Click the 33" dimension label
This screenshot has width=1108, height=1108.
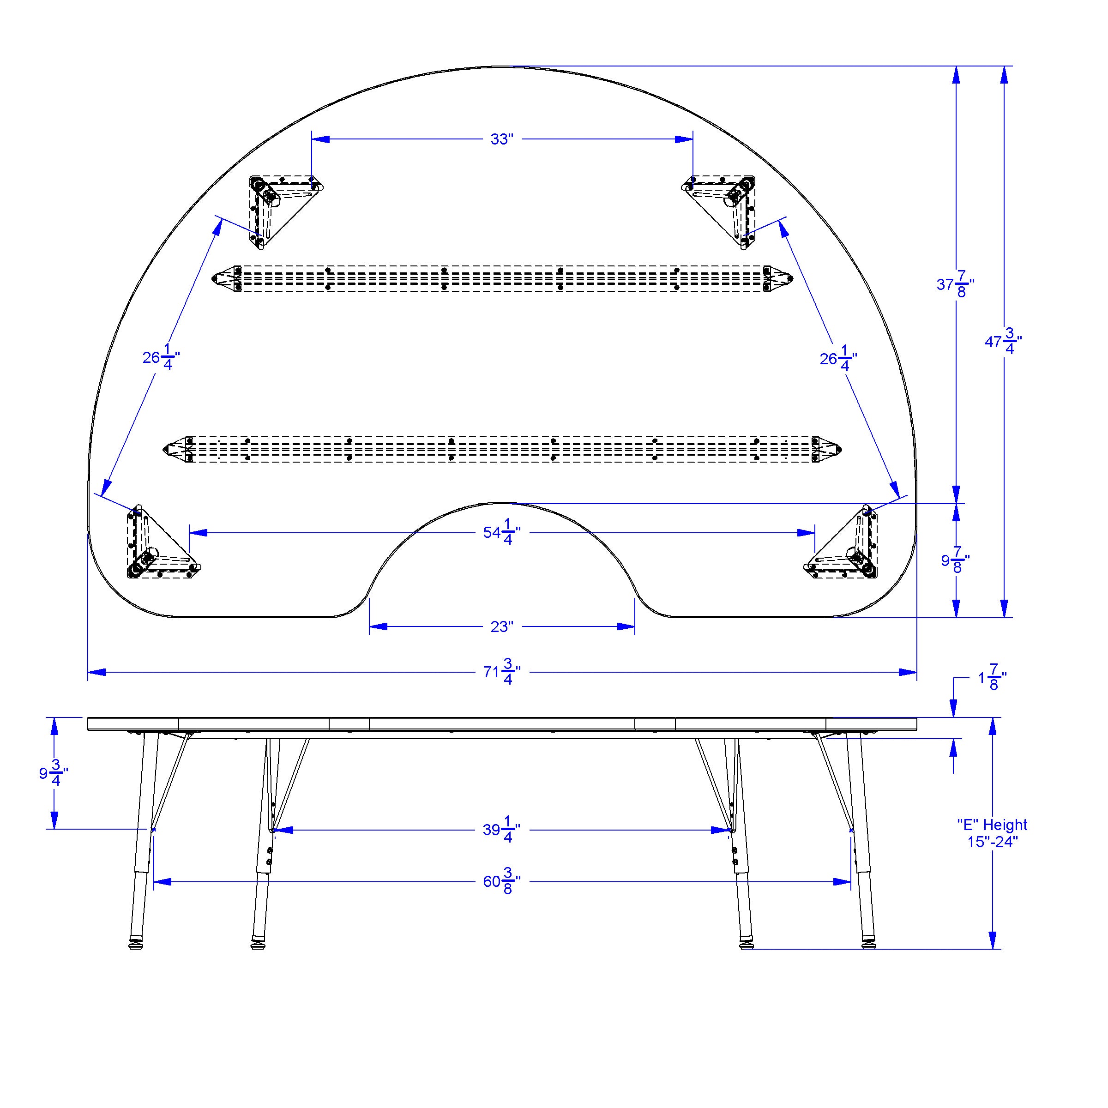501,139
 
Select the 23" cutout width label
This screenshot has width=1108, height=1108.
501,627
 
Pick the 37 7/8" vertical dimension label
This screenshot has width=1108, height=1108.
956,285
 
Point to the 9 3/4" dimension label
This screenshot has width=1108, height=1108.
54,774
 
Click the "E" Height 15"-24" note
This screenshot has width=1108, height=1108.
992,834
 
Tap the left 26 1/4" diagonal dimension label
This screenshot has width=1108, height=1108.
161,358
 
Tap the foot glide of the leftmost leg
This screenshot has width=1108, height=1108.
135,943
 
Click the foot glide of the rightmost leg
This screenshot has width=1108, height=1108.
869,943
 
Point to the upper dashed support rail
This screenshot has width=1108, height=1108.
502,279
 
